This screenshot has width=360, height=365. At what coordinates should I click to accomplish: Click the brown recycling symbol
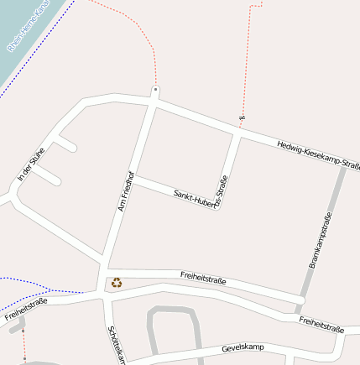click(x=117, y=283)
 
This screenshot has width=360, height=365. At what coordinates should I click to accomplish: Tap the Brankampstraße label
click(x=319, y=241)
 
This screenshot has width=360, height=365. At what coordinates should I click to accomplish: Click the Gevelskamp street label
click(x=243, y=347)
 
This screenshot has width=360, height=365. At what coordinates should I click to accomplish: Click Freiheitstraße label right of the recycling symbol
click(x=203, y=277)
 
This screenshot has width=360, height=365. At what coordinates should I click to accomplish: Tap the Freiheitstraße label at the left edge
click(x=25, y=309)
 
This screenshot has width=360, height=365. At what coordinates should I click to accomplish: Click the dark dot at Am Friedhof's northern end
click(x=155, y=87)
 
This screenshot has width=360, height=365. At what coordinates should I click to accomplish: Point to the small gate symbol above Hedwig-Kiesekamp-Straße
click(x=242, y=117)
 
